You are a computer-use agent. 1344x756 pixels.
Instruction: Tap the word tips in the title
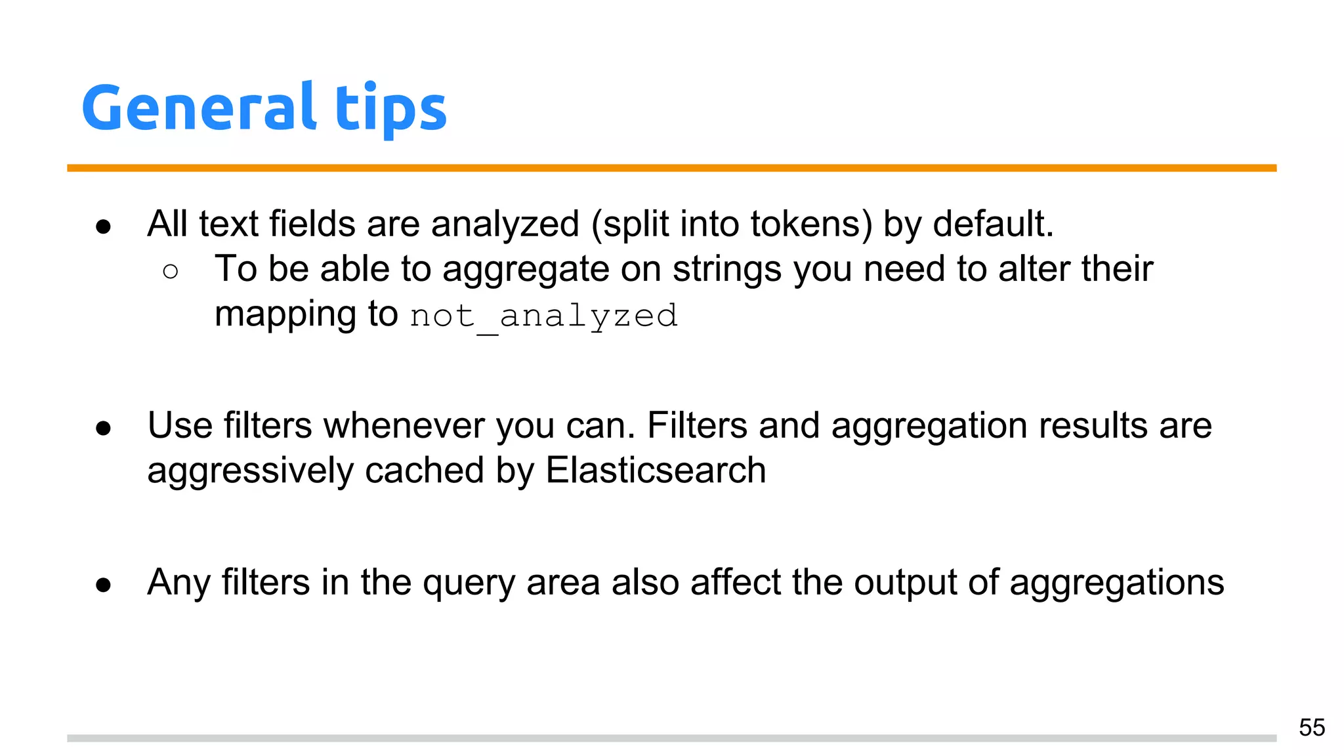[x=390, y=109]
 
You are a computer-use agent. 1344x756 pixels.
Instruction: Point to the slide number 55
[x=1311, y=728]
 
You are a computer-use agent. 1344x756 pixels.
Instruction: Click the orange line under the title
[x=671, y=168]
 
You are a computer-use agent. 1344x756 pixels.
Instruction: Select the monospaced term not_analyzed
[x=543, y=316]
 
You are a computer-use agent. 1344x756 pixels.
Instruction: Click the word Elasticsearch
[x=656, y=471]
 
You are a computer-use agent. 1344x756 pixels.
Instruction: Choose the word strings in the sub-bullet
[x=727, y=269]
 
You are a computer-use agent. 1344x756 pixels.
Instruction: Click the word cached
[x=424, y=471]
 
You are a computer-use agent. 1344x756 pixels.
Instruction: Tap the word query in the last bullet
[x=469, y=583]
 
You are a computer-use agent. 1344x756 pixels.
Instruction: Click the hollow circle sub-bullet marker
[x=170, y=271]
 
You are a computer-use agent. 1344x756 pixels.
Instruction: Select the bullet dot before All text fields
[x=103, y=227]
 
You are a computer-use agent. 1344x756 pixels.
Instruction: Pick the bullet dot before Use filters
[x=103, y=429]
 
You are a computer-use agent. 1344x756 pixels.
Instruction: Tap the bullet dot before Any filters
[x=103, y=585]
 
